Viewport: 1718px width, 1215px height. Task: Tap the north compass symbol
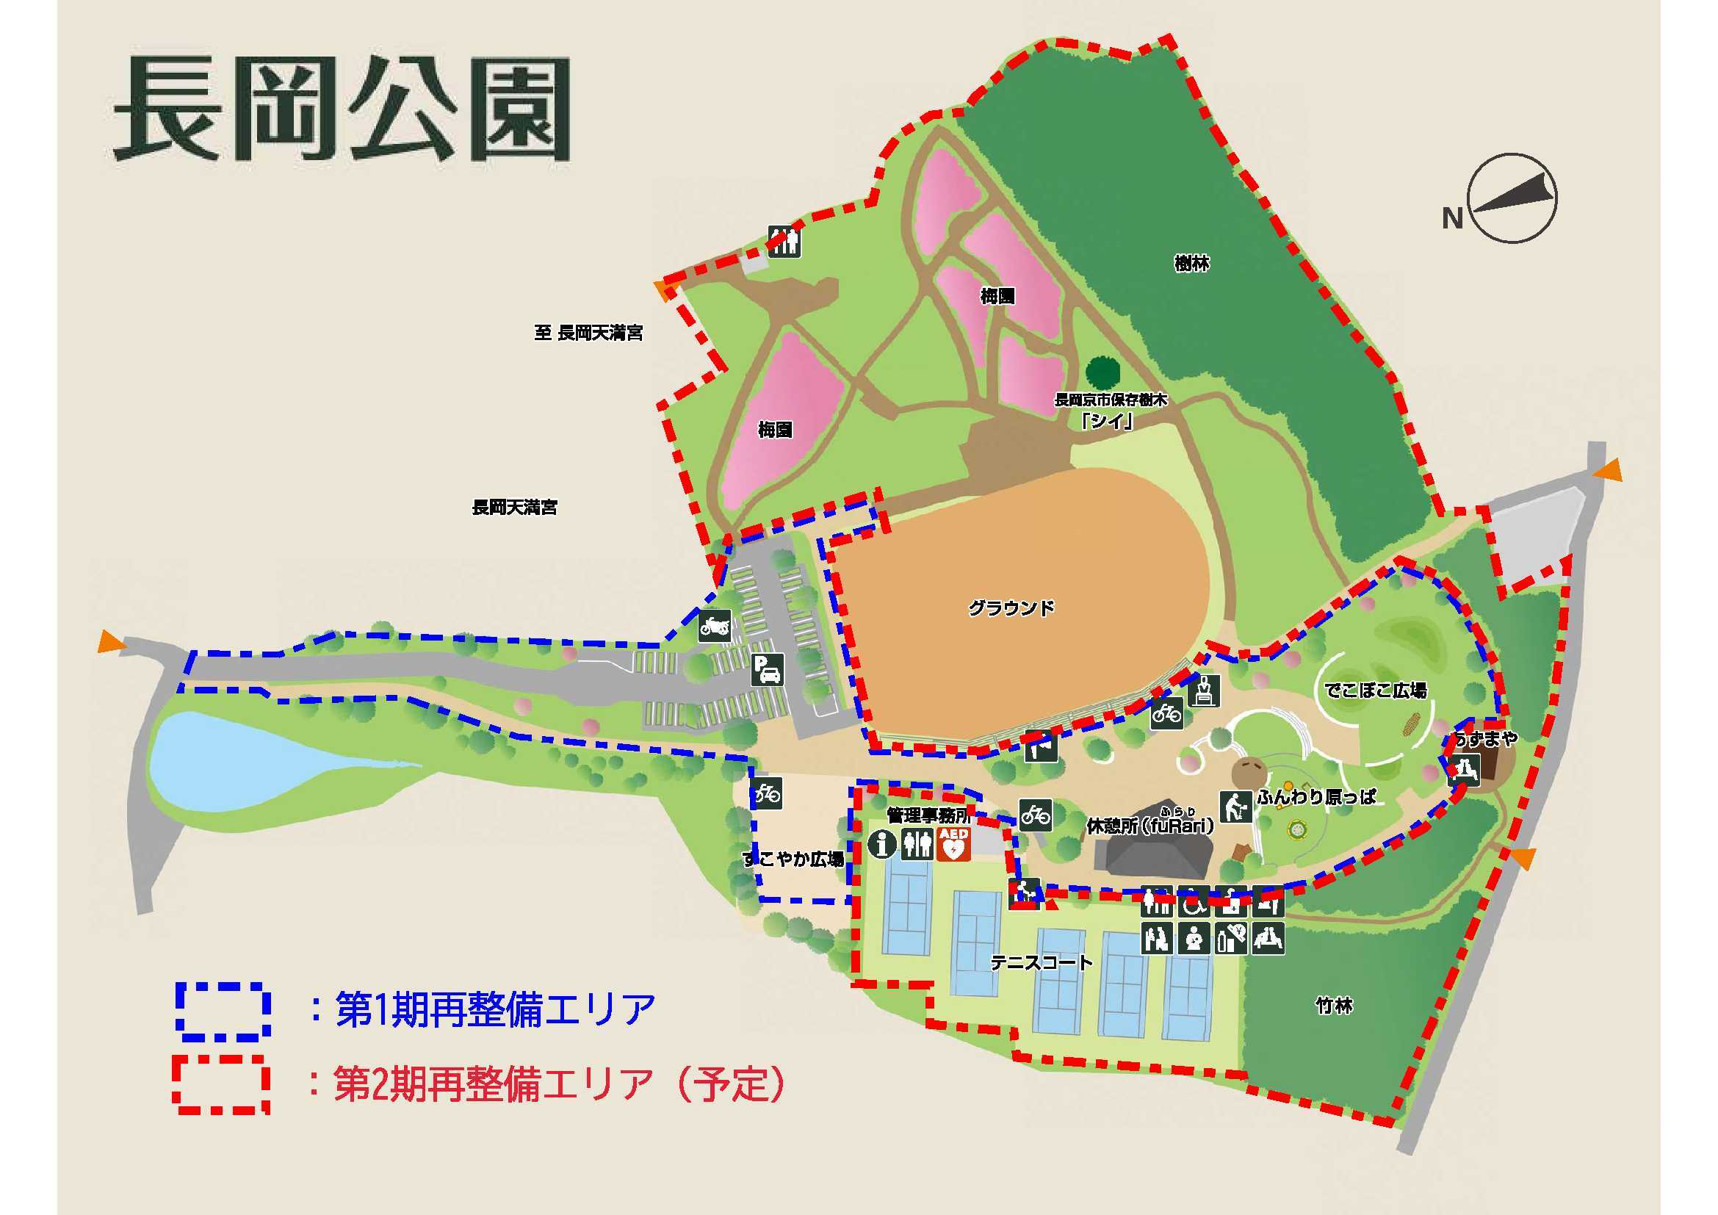point(1512,199)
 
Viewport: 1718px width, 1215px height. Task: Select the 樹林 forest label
point(1191,264)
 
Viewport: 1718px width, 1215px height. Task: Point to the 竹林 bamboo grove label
point(1333,1006)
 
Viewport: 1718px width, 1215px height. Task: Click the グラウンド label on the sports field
point(1011,607)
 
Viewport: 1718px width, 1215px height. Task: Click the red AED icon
point(953,844)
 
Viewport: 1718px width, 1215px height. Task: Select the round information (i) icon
point(883,844)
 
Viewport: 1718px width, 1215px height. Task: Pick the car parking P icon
point(768,669)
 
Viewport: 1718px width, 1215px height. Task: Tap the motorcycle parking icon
point(715,625)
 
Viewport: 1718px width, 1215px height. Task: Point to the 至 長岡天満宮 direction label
point(588,332)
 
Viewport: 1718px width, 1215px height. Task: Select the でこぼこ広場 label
point(1375,690)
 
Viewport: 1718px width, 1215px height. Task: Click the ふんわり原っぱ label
point(1316,797)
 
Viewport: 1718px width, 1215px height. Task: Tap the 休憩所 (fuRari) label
point(1150,825)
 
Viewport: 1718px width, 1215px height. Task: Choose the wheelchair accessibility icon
point(1194,903)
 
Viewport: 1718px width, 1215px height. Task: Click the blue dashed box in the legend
point(223,1012)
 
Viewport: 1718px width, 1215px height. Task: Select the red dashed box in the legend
point(221,1084)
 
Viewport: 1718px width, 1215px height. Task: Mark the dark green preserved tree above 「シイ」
point(1102,371)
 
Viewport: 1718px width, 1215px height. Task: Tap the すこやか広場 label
point(794,859)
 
